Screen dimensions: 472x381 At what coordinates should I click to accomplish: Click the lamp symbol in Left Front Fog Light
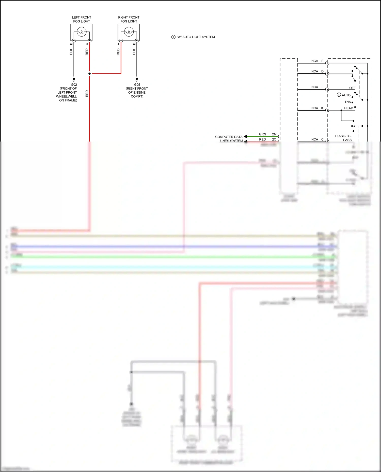coord(82,32)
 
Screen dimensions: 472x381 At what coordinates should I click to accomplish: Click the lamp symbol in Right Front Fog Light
coord(129,32)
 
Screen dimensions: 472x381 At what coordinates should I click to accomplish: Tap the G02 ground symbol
coord(74,79)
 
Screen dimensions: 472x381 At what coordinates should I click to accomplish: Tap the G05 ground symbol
coord(137,79)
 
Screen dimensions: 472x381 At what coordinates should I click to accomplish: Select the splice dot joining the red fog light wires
coord(89,74)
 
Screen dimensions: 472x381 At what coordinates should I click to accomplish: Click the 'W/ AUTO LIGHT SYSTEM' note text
coord(196,37)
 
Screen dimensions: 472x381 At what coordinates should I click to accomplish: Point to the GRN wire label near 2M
coord(262,134)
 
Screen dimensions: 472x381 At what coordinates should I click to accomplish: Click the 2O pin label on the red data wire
coord(274,139)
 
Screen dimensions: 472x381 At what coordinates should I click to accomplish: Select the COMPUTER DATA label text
coord(229,137)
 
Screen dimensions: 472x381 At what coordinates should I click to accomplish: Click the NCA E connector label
coord(317,61)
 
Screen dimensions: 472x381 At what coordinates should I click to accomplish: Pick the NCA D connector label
coord(317,71)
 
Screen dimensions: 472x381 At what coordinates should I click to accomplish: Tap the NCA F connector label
coord(317,87)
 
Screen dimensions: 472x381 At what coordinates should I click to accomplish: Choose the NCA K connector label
coord(317,108)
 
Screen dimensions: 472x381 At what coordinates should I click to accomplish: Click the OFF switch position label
coord(352,88)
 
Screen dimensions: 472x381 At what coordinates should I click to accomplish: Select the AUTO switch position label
coord(346,95)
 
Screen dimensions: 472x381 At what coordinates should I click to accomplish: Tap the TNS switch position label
coord(347,102)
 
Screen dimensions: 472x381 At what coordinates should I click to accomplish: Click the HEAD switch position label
coord(348,108)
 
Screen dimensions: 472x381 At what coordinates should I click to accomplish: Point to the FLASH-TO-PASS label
coord(343,138)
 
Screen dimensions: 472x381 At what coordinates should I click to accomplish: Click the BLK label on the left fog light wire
coord(71,52)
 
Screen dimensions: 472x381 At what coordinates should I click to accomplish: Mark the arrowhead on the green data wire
coord(245,136)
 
